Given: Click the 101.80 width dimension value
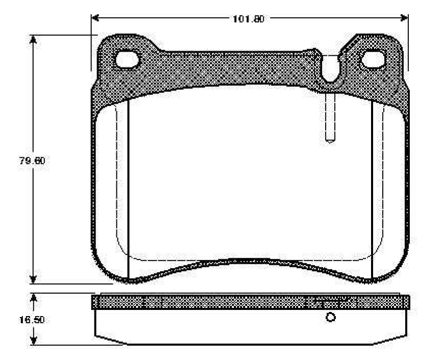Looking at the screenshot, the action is coord(248,19).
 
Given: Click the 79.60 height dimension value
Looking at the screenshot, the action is coord(32,161).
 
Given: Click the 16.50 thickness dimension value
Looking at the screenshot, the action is coord(32,320).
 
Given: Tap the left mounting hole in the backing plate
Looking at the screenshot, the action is coord(127,60).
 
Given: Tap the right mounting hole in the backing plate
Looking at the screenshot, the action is coord(373,59).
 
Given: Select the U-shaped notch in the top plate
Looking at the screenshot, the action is coord(330,68).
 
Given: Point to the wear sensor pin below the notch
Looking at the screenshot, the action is coord(330,117).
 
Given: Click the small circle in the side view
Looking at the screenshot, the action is coord(330,317).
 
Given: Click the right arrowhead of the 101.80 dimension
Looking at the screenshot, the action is coord(404,18).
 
